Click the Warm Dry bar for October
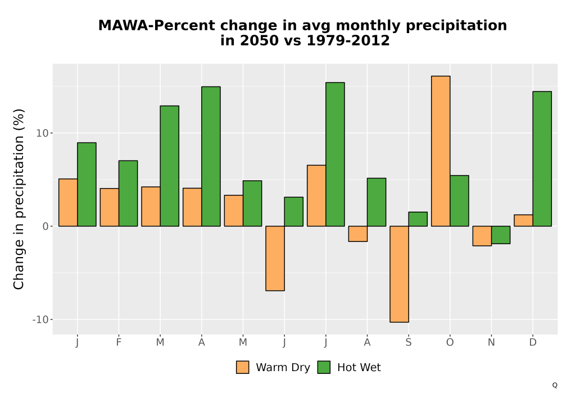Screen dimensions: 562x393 [x=441, y=151]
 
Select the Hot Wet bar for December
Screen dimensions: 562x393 [x=542, y=159]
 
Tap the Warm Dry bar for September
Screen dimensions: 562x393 [x=399, y=274]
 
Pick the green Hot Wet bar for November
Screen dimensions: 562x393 [x=501, y=235]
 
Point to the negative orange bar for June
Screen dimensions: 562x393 [x=275, y=258]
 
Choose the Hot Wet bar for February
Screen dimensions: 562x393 [x=128, y=193]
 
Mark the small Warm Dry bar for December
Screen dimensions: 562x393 [x=523, y=221]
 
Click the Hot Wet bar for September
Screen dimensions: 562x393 [x=418, y=219]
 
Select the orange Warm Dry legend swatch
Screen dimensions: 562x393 [x=243, y=367]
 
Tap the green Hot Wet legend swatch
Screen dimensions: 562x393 [x=324, y=367]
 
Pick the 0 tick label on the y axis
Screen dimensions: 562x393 [x=45, y=227]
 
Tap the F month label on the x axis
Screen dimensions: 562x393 [x=119, y=342]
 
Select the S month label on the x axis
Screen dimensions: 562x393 [x=409, y=342]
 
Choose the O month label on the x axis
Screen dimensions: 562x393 [x=450, y=342]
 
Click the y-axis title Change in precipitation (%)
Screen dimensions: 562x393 [x=19, y=199]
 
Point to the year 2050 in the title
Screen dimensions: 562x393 [x=259, y=40]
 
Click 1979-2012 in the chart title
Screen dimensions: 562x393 [x=348, y=40]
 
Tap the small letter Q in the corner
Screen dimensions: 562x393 [x=555, y=385]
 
